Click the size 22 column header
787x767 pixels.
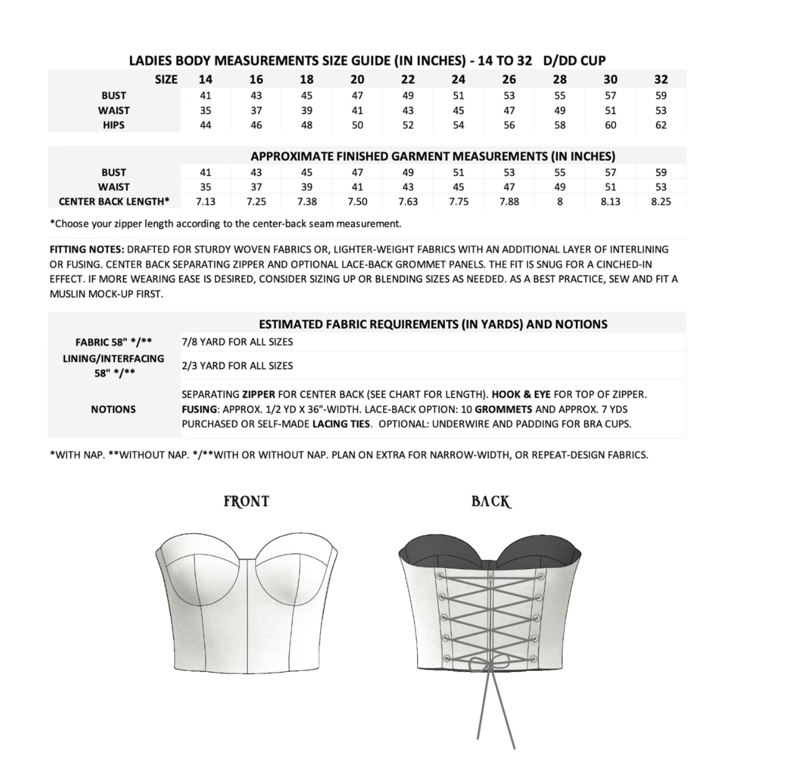[408, 79]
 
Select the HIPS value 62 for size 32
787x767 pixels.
[661, 125]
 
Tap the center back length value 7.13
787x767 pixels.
[205, 202]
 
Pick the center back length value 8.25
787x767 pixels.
[661, 202]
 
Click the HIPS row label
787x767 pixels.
[114, 125]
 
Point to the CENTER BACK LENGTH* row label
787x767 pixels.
[114, 202]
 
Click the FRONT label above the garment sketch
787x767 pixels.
[246, 501]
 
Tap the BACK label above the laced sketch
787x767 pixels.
[491, 501]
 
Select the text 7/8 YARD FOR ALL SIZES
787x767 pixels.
[237, 342]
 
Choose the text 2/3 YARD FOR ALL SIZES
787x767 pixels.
[237, 366]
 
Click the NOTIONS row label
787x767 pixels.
[114, 410]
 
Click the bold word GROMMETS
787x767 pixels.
[503, 410]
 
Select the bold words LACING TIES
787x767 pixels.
[341, 424]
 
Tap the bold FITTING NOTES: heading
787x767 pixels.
[87, 249]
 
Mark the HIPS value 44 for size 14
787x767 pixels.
[205, 125]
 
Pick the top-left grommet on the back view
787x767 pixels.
[440, 576]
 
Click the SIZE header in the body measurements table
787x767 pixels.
[166, 79]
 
